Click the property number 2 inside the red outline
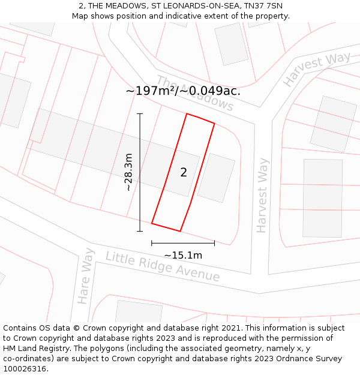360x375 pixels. pos(184,173)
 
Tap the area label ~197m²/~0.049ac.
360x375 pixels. pos(183,91)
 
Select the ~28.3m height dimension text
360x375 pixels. pos(128,172)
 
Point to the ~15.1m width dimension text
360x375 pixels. pos(183,256)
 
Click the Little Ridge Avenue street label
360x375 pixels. pos(163,266)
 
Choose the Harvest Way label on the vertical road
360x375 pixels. pos(263,195)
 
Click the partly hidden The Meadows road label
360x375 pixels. pos(195,94)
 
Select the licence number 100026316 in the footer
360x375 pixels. pos(26,369)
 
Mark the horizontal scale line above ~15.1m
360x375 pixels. pos(183,243)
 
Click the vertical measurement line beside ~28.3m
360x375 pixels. pos(140,172)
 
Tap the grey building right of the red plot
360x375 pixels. pos(216,178)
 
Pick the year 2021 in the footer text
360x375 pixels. pos(230,328)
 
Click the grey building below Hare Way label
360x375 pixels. pos(138,311)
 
